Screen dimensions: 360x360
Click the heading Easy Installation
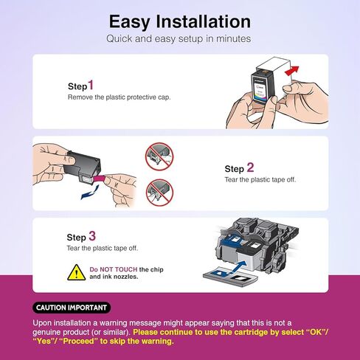pyautogui.click(x=180, y=22)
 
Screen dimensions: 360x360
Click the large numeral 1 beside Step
pyautogui.click(x=91, y=85)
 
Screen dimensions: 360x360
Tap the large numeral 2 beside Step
pyautogui.click(x=250, y=167)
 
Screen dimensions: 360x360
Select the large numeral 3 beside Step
pyautogui.click(x=92, y=236)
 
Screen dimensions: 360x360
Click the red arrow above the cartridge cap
pyautogui.click(x=292, y=70)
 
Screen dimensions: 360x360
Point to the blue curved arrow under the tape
pyautogui.click(x=90, y=193)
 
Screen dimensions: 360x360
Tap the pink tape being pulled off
pyautogui.click(x=100, y=179)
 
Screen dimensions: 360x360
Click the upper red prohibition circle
pyautogui.click(x=159, y=156)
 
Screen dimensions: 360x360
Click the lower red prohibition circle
pyautogui.click(x=159, y=193)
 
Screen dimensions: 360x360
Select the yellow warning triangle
pyautogui.click(x=77, y=273)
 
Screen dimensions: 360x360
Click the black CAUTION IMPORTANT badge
pyautogui.click(x=72, y=308)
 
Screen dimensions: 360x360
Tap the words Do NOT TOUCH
pyautogui.click(x=114, y=269)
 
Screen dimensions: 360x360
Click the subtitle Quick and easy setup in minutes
pyautogui.click(x=179, y=39)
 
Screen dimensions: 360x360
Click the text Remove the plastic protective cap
pyautogui.click(x=119, y=97)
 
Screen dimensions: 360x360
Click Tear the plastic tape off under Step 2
pyautogui.click(x=260, y=180)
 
